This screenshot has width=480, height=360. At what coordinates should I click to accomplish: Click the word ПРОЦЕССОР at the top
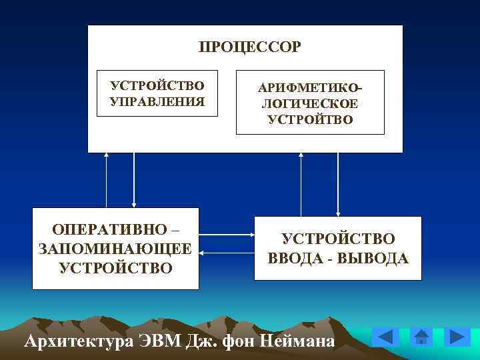(x=249, y=47)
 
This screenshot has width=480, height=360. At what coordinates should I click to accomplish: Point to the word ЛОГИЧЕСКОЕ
(x=310, y=105)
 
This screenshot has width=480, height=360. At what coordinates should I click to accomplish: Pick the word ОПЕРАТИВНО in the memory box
(x=110, y=230)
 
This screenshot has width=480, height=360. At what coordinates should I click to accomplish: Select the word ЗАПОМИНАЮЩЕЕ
(x=115, y=249)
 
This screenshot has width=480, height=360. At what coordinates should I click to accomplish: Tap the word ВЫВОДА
(x=373, y=258)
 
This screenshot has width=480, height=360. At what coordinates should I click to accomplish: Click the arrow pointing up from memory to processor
(x=106, y=180)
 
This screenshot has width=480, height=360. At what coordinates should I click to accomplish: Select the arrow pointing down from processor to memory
(x=134, y=180)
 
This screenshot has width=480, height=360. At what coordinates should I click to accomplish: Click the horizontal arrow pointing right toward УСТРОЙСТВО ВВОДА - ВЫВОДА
(x=226, y=235)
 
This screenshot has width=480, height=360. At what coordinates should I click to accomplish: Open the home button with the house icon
(x=421, y=337)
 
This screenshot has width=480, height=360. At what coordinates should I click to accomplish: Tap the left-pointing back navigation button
(x=386, y=337)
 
